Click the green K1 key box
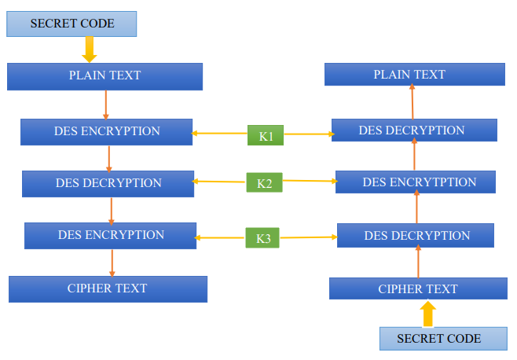pyautogui.click(x=266, y=135)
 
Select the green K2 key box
pyautogui.click(x=264, y=183)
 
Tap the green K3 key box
pyautogui.click(x=262, y=237)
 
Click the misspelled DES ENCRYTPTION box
pyautogui.click(x=415, y=182)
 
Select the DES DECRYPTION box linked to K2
pyautogui.click(x=108, y=183)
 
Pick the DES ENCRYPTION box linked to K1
pyautogui.click(x=106, y=132)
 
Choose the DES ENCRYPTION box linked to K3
pyautogui.click(x=110, y=236)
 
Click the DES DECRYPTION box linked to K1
pyautogui.click(x=413, y=130)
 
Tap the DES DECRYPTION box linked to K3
pyautogui.click(x=415, y=236)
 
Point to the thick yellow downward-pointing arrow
pyautogui.click(x=90, y=49)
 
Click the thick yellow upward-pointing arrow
pyautogui.click(x=427, y=314)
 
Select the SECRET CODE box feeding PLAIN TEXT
pyautogui.click(x=71, y=24)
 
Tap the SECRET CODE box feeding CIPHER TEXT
pyautogui.click(x=438, y=339)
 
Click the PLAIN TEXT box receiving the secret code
pyautogui.click(x=104, y=76)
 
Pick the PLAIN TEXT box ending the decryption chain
pyautogui.click(x=414, y=75)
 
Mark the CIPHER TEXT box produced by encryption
pyautogui.click(x=108, y=288)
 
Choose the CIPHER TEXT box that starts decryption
pyautogui.click(x=417, y=288)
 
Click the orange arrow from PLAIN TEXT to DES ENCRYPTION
pyautogui.click(x=106, y=105)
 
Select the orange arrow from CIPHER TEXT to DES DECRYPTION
pyautogui.click(x=418, y=262)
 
